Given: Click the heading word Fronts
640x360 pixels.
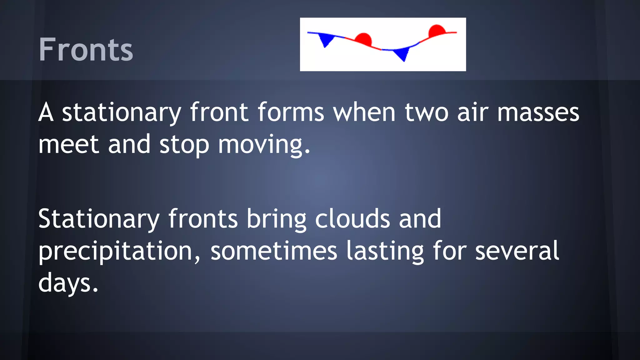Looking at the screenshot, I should coord(86,49).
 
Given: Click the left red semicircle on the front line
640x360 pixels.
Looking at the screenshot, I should coord(364,39).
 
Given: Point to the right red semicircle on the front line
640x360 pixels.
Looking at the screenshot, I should coord(437,30).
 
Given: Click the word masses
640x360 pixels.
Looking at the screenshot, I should coord(538,112).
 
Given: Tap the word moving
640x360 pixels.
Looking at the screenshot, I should coord(264,145).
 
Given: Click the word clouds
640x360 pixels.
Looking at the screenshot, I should coord(352,219).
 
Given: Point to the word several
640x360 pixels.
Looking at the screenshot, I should coord(517,251).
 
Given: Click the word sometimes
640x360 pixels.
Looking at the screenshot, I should coord(274,251).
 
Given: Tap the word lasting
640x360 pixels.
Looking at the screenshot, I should coord(385,252).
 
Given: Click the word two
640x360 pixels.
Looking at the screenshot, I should coord(427,112).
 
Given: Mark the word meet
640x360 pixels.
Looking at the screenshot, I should coord(69,144).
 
